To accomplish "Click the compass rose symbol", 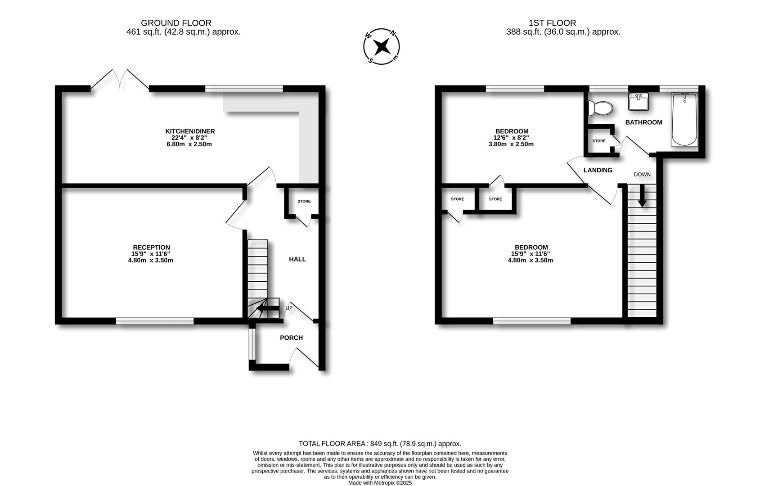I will pos(381,46).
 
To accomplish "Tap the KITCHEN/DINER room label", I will pos(190,131).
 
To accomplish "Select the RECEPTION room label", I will pos(151,247).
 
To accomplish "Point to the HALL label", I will pos(297,259).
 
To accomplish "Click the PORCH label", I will pos(291,338).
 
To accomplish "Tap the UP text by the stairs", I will pos(289,308).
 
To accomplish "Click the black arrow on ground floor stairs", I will pos(267,309).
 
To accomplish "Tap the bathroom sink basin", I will pos(639,102).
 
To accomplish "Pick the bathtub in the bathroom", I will pos(684,119).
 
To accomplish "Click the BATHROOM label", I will pos(643,122).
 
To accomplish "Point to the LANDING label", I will pos(598,170).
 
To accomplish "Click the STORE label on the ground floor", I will pos(304,201).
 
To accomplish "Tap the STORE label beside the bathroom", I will pos(598,141).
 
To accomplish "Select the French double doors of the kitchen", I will pos(120,80).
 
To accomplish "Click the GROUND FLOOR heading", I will pos(176,23).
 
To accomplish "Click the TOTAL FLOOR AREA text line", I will pos(380,444).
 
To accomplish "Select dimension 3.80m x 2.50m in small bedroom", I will pos(511,144).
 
